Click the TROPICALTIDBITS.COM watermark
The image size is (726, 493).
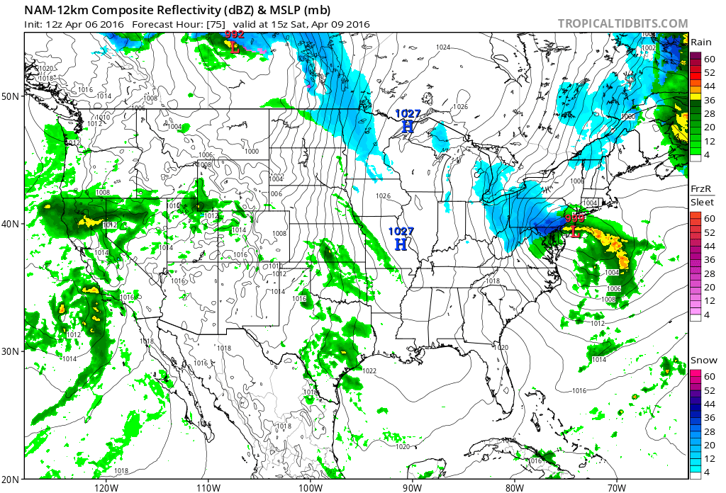click(622, 24)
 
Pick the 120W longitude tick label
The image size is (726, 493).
click(105, 487)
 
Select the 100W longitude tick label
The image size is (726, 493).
click(310, 487)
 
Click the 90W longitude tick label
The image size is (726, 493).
click(412, 487)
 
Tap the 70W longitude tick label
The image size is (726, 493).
click(616, 487)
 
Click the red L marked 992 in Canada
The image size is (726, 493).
click(234, 47)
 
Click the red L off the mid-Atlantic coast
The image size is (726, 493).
click(574, 231)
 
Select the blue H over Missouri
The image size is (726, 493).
click(401, 244)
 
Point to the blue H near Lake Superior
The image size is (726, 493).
click(408, 126)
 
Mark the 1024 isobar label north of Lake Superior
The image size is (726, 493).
click(444, 47)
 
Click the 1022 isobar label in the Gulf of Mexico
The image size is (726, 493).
click(369, 370)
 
